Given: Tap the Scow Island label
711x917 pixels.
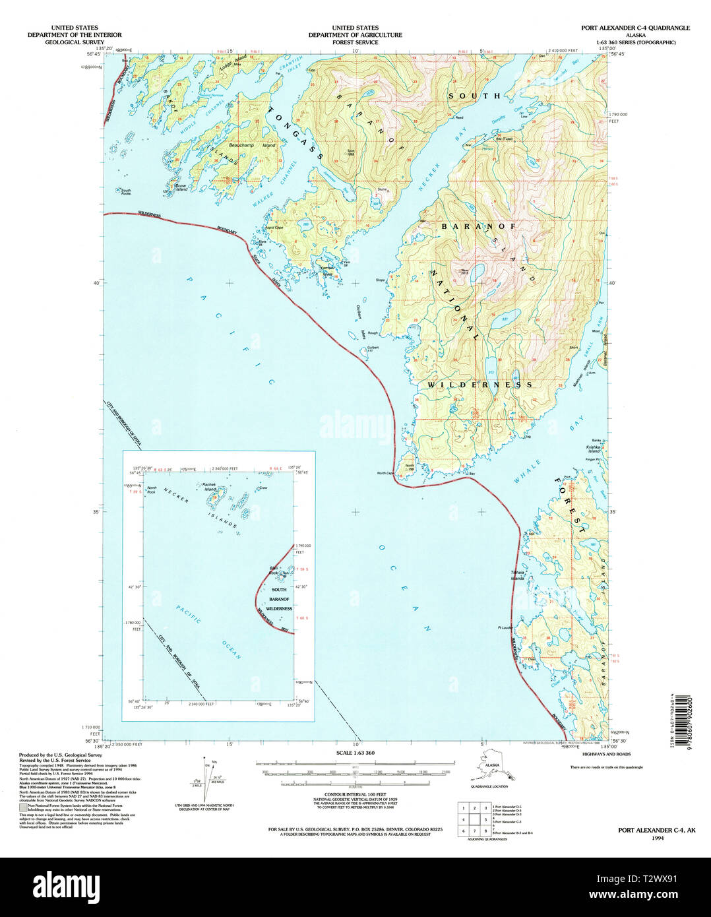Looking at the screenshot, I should (181, 188).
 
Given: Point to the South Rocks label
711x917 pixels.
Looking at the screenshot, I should (125, 192).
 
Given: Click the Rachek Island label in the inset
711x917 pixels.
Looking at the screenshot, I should (210, 488).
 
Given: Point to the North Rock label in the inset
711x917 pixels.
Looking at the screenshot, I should (152, 489).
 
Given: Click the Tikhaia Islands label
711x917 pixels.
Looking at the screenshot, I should (517, 575).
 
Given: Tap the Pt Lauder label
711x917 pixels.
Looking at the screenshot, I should (506, 628).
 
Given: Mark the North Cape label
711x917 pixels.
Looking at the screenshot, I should (385, 473).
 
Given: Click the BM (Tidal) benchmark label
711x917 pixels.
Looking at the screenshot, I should (504, 139).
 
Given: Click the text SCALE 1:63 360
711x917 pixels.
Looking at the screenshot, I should (355, 753).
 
